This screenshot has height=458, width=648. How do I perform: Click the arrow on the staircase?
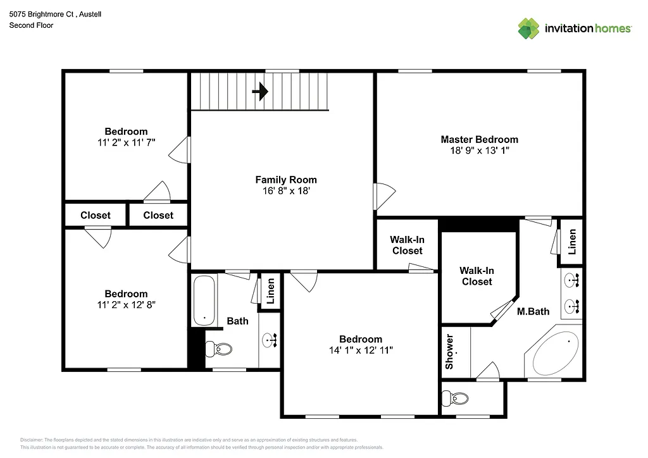pyautogui.click(x=259, y=92)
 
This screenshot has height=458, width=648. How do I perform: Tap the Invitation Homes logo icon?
pyautogui.click(x=528, y=28)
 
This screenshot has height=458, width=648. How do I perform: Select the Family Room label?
pyautogui.click(x=285, y=180)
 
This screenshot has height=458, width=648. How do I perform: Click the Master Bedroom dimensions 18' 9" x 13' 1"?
pyautogui.click(x=479, y=151)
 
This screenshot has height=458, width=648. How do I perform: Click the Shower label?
pyautogui.click(x=449, y=352)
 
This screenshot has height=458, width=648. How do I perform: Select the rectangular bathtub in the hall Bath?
pyautogui.click(x=204, y=299)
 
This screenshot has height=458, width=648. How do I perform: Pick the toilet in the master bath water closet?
pyautogui.click(x=456, y=399)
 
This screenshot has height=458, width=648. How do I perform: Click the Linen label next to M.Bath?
pyautogui.click(x=572, y=241)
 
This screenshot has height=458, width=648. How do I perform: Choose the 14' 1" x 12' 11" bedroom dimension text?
pyautogui.click(x=361, y=349)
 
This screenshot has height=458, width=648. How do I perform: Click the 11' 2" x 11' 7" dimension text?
pyautogui.click(x=126, y=142)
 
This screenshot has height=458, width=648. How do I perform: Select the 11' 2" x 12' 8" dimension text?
pyautogui.click(x=126, y=304)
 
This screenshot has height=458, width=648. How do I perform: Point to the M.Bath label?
pyautogui.click(x=533, y=311)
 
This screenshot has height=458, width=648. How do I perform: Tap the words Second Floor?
pyautogui.click(x=31, y=25)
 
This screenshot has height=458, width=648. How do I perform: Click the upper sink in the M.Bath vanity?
pyautogui.click(x=573, y=279)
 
